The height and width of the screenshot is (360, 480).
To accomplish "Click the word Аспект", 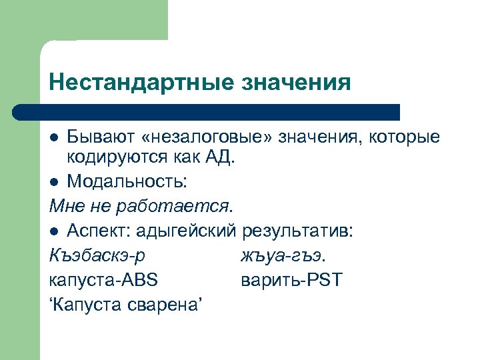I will point(99,231).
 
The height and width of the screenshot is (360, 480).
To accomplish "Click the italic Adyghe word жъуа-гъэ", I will point(282,255).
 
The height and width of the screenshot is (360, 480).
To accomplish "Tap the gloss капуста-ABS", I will point(103,280).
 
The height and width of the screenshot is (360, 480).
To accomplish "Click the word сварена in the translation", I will point(166,305).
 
